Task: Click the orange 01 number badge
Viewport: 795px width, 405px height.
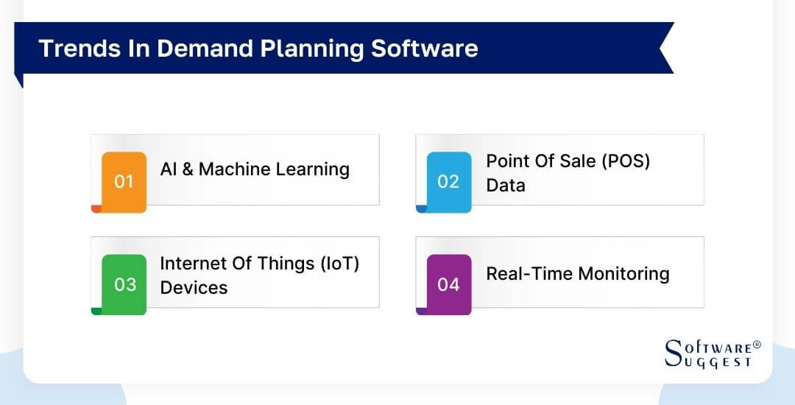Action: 124,181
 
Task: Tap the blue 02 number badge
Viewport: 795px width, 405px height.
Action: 448,181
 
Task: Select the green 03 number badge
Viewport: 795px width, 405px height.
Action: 124,284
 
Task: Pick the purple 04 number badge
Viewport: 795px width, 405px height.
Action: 448,284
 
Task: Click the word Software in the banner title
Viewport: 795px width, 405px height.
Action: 425,48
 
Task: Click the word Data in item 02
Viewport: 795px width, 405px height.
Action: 506,186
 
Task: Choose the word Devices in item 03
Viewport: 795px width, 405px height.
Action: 194,287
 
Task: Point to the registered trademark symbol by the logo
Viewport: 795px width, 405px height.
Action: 757,344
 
